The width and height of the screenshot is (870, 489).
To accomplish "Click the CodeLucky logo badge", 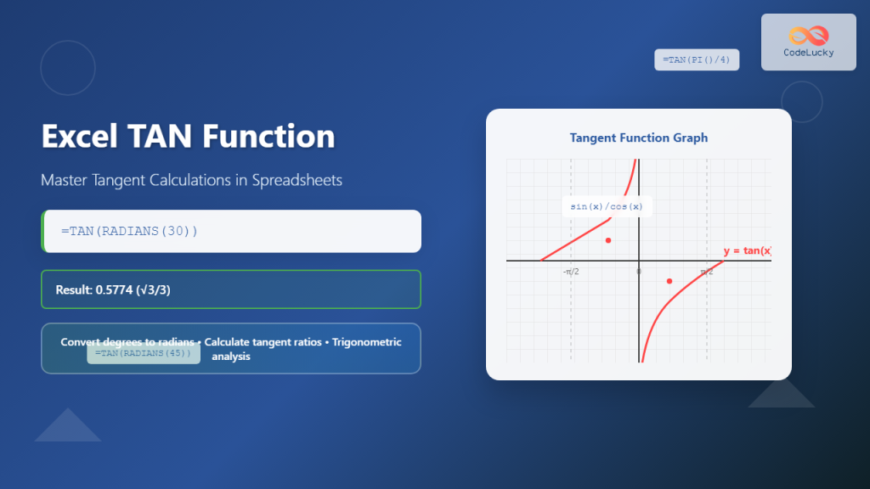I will [808, 42].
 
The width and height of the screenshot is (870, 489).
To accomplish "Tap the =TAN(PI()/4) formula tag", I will [697, 59].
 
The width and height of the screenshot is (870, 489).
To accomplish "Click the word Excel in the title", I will [77, 137].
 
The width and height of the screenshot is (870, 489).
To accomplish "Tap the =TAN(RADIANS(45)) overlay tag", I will [144, 353].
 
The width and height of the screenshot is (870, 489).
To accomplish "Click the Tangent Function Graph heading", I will [638, 138].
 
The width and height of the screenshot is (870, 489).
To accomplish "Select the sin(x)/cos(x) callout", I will [607, 206].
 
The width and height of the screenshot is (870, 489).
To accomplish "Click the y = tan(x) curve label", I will [747, 250].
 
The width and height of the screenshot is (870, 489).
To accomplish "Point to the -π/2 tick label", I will [571, 272].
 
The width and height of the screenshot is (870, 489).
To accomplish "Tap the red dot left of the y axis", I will [608, 240].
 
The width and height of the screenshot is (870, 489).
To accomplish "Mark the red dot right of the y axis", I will [669, 281].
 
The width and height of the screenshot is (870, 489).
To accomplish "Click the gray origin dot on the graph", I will [639, 271].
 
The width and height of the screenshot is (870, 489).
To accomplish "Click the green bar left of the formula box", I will [42, 231].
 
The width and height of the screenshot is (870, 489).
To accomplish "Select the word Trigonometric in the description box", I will [367, 342].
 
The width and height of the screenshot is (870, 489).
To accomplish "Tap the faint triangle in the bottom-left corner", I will [68, 425].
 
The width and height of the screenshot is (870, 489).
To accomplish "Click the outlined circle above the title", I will [68, 68].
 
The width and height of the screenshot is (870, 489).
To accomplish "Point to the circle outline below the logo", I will [802, 102].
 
